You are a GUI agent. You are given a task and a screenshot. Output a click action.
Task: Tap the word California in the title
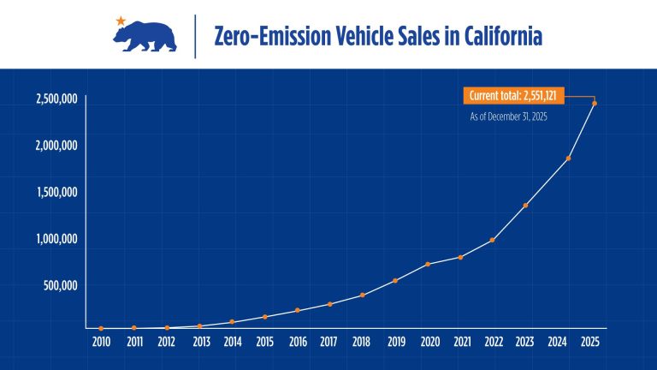[x=502, y=37]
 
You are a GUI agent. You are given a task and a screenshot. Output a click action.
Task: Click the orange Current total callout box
[x=518, y=96]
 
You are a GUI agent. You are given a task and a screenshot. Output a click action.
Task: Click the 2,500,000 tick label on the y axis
[x=56, y=99]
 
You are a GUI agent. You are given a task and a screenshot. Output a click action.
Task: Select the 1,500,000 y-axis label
[x=56, y=192]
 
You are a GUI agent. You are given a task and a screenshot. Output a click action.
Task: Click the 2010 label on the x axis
[x=101, y=342]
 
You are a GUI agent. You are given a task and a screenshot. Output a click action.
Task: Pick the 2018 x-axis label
[x=362, y=342]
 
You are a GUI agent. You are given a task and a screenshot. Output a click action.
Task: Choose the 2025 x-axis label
[x=590, y=342]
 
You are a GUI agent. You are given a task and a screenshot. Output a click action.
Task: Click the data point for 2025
[x=595, y=104]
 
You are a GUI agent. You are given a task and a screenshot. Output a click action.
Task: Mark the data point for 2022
[x=493, y=240]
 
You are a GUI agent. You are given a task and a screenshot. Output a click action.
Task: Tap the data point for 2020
[x=428, y=264]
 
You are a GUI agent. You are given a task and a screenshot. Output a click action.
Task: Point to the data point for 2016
[x=297, y=310]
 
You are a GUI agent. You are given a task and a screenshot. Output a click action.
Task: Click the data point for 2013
[x=199, y=326]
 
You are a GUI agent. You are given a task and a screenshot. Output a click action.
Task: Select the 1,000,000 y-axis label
[x=56, y=239]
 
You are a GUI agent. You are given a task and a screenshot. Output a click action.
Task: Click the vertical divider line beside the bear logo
[x=196, y=36]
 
